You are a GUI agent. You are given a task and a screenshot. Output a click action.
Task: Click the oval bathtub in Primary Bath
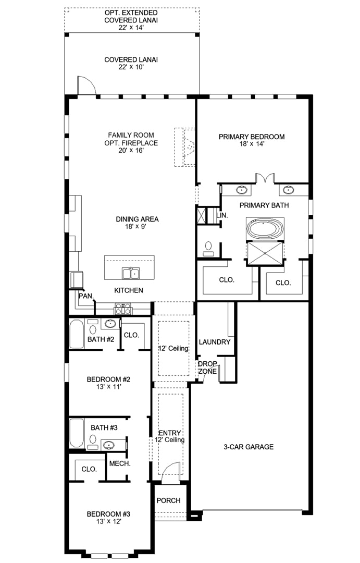point(265,229)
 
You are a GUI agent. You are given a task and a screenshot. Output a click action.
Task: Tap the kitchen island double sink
point(131,274)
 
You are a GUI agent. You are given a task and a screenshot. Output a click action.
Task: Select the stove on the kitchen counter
point(123,309)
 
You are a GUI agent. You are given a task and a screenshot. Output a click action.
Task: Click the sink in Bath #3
point(108,445)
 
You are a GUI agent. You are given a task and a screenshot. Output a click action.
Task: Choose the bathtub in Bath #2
point(77,334)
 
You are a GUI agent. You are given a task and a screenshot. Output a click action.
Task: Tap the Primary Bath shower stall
point(265,253)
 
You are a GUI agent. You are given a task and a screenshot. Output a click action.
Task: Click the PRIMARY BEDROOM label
point(252,137)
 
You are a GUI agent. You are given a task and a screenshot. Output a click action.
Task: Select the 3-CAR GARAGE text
point(249,447)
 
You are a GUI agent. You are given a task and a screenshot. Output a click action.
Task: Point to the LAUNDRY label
point(214,342)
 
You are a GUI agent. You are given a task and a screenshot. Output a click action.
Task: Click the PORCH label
point(168,500)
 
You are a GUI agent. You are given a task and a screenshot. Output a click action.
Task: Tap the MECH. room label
point(119,463)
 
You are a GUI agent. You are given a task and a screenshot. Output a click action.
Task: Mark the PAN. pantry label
point(86,296)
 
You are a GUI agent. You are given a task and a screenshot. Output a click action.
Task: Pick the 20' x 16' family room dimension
point(131,151)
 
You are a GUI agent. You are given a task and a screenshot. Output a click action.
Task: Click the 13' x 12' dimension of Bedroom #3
point(108,521)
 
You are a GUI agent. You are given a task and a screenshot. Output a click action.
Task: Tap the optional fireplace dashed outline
point(184,147)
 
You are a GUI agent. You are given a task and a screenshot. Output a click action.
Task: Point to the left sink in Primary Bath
point(241,190)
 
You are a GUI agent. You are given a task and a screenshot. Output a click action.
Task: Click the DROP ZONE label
point(207,368)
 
